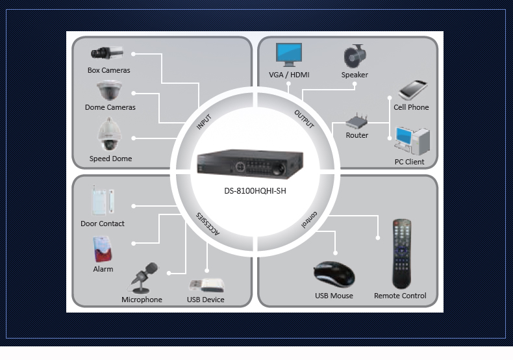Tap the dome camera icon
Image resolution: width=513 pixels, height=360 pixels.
(109, 90)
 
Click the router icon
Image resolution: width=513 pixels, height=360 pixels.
(357, 122)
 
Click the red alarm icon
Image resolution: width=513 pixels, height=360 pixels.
(103, 248)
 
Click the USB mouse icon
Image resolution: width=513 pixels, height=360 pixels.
(334, 274)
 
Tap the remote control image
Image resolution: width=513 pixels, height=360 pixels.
(401, 253)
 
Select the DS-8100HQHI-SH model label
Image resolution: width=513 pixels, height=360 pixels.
(255, 191)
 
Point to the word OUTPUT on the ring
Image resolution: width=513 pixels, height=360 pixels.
(304, 119)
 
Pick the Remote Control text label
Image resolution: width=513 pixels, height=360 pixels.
(400, 296)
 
